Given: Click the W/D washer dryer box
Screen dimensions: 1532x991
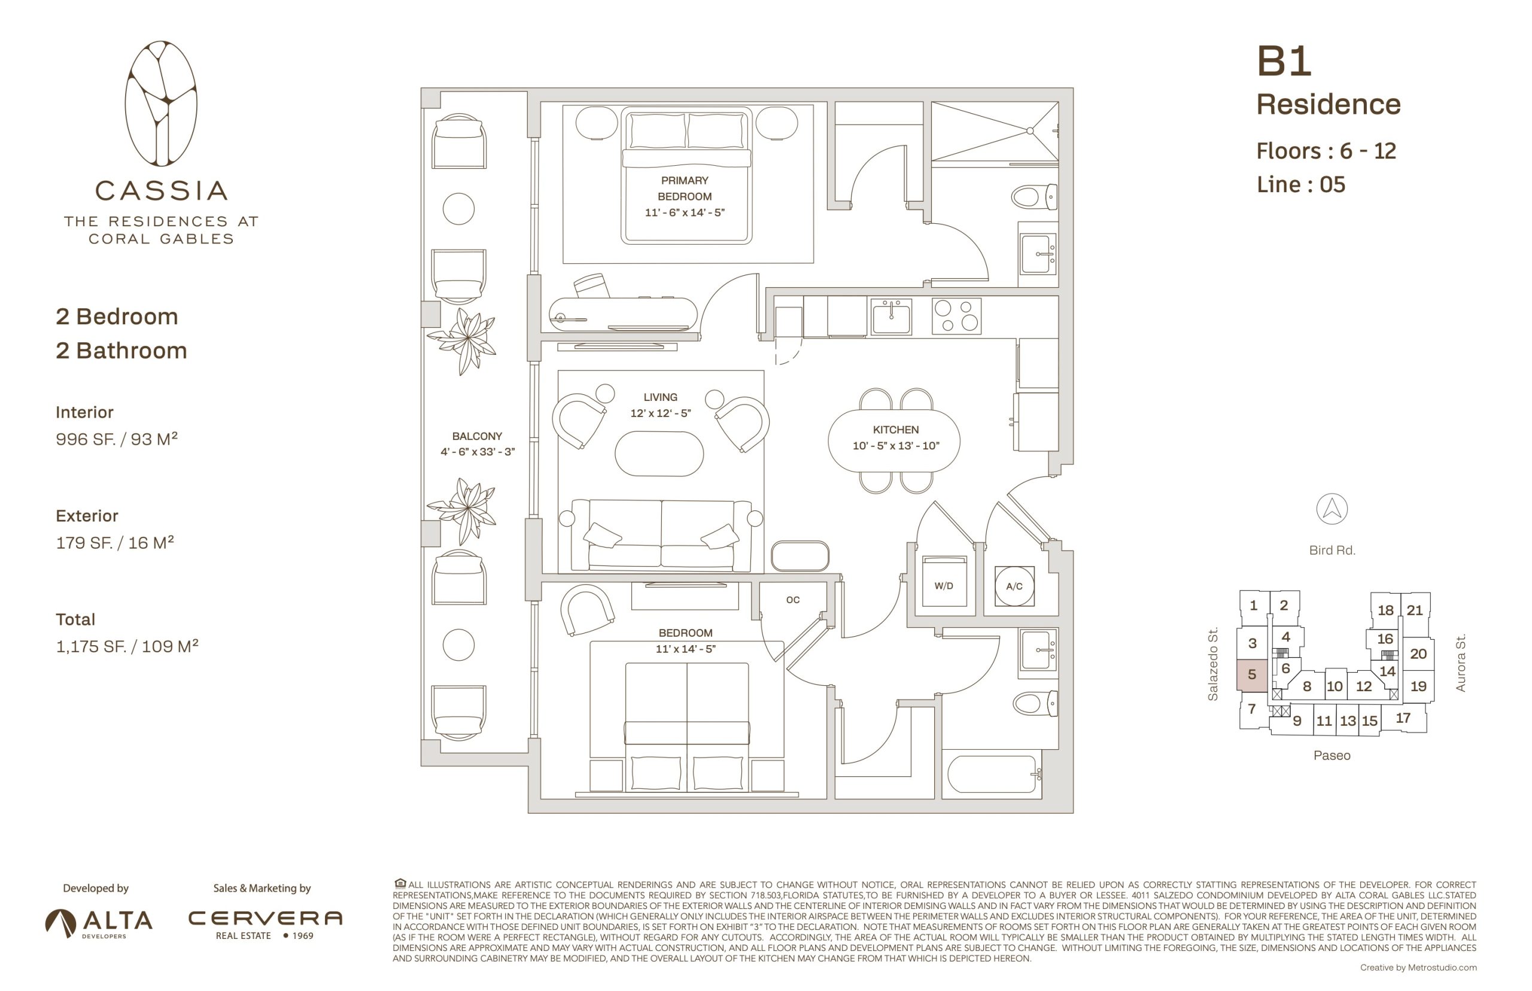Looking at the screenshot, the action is pyautogui.click(x=944, y=581).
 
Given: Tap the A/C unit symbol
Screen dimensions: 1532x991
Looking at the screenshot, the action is pyautogui.click(x=1014, y=586).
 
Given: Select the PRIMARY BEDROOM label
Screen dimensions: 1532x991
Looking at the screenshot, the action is pyautogui.click(x=685, y=189).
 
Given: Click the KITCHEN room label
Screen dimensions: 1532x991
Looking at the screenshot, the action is pyautogui.click(x=896, y=429).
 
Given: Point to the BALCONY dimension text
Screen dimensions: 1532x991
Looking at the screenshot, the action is pyautogui.click(x=478, y=452).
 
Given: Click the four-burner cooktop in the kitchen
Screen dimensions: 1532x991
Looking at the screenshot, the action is pyautogui.click(x=956, y=316).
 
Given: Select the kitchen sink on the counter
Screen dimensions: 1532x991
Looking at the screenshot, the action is pyautogui.click(x=891, y=317).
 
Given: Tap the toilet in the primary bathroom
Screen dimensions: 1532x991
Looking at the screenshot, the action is pyautogui.click(x=1034, y=196).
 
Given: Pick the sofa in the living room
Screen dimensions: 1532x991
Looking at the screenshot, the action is pyautogui.click(x=661, y=536).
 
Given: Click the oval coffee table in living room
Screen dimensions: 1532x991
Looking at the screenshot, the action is pyautogui.click(x=659, y=454).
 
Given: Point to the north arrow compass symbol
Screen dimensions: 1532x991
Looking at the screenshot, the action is pyautogui.click(x=1332, y=509).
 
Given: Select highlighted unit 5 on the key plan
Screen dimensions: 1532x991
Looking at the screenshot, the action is pyautogui.click(x=1251, y=675).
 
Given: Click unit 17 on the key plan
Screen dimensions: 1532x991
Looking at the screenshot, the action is pyautogui.click(x=1403, y=718).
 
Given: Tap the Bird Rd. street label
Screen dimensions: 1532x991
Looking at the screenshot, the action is pyautogui.click(x=1332, y=550).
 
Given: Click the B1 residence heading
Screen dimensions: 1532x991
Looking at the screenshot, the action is pyautogui.click(x=1284, y=62).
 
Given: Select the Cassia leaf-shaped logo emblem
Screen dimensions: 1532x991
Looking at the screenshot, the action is pyautogui.click(x=161, y=104).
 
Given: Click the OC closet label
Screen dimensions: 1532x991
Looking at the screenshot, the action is pyautogui.click(x=793, y=600).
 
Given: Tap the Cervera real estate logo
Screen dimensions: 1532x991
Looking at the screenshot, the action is pyautogui.click(x=265, y=923).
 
